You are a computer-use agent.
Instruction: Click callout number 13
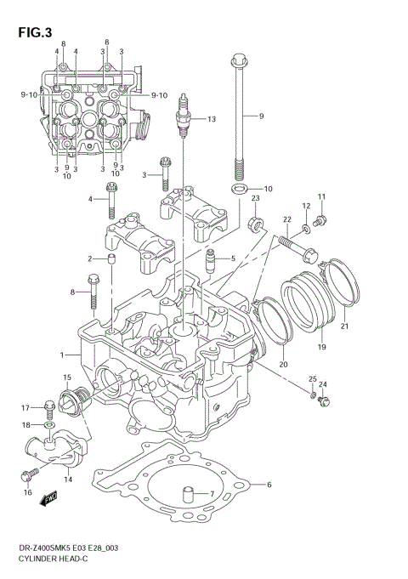tap(212, 119)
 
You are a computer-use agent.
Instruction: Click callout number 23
tap(254, 198)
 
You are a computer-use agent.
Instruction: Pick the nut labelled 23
tap(253, 224)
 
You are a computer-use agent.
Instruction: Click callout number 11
tap(322, 197)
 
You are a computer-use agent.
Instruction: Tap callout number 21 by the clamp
tap(344, 325)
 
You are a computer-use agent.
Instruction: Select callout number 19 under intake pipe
tap(322, 348)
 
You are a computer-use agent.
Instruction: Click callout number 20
tap(283, 365)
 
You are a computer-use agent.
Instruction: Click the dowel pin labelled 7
tap(184, 493)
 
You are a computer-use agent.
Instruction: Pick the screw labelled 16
tap(33, 469)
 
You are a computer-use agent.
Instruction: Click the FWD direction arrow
tap(48, 500)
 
